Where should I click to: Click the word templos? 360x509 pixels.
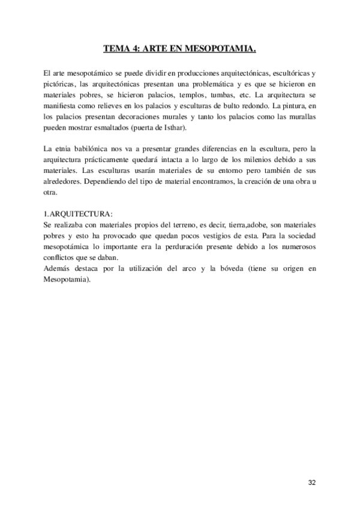(x=193, y=95)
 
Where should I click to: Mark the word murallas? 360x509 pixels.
(x=302, y=116)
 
